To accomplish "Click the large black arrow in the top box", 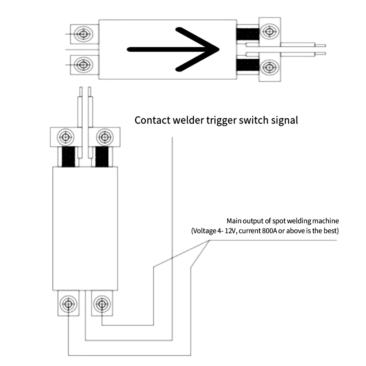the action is tap(173, 49).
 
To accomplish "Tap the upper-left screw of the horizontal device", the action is tap(83, 34).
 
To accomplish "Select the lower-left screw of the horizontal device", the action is tap(83, 65).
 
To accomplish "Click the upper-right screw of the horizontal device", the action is tap(270, 31).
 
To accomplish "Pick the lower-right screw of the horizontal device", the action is tap(270, 67).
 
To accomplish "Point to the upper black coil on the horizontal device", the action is tap(248, 34).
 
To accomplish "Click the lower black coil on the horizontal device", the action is tap(248, 65).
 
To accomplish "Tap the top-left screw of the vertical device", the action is tap(66, 137).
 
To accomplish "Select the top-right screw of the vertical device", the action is tap(105, 137).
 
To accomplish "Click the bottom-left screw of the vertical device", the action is tap(68, 304).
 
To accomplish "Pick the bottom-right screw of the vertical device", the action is tap(102, 304).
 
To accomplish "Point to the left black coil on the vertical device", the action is tap(68, 157).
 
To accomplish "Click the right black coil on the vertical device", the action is tap(102, 157).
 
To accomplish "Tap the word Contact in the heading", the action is tap(152, 120).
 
